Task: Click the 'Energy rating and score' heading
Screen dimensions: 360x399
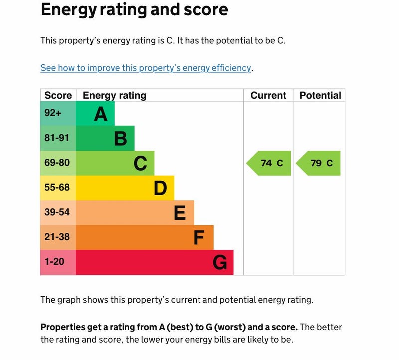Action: click(134, 9)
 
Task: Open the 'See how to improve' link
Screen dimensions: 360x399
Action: click(146, 68)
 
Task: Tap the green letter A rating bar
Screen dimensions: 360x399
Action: click(95, 114)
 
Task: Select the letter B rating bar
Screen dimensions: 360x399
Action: click(105, 138)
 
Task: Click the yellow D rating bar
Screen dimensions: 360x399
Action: click(125, 188)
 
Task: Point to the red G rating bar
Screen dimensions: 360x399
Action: click(155, 262)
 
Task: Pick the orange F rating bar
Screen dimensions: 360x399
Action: click(145, 237)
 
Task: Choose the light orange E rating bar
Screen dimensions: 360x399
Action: click(135, 213)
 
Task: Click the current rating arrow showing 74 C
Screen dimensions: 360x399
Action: click(269, 163)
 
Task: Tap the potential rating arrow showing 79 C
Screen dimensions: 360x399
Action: click(319, 163)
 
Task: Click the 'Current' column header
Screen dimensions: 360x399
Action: click(268, 95)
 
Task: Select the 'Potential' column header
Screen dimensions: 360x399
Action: click(320, 95)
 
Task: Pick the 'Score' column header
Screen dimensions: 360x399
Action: click(58, 95)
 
